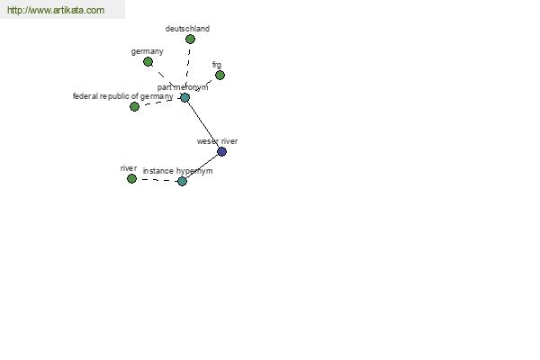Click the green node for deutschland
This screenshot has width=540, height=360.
[x=190, y=40]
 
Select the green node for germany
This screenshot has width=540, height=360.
[x=148, y=62]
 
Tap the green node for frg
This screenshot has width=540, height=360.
[x=220, y=75]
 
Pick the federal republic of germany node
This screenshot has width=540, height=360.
[x=134, y=107]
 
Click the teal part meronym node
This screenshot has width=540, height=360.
[x=184, y=98]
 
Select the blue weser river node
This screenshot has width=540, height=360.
[x=222, y=151]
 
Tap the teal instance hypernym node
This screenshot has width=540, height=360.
[x=182, y=181]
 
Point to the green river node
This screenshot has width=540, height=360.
[x=131, y=179]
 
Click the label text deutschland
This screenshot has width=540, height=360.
[x=187, y=29]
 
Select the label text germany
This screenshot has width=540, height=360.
[x=147, y=51]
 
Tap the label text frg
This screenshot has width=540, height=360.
[x=217, y=65]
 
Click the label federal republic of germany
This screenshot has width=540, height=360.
[x=123, y=96]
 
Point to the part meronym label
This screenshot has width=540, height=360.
[x=183, y=87]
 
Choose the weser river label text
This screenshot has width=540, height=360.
[x=217, y=141]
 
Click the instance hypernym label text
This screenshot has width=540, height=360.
[x=177, y=171]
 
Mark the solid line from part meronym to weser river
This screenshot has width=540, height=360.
[x=203, y=125]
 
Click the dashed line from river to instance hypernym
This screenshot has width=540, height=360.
[x=157, y=180]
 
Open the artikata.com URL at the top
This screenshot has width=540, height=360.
[x=56, y=10]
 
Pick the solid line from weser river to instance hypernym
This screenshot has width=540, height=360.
[x=202, y=166]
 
